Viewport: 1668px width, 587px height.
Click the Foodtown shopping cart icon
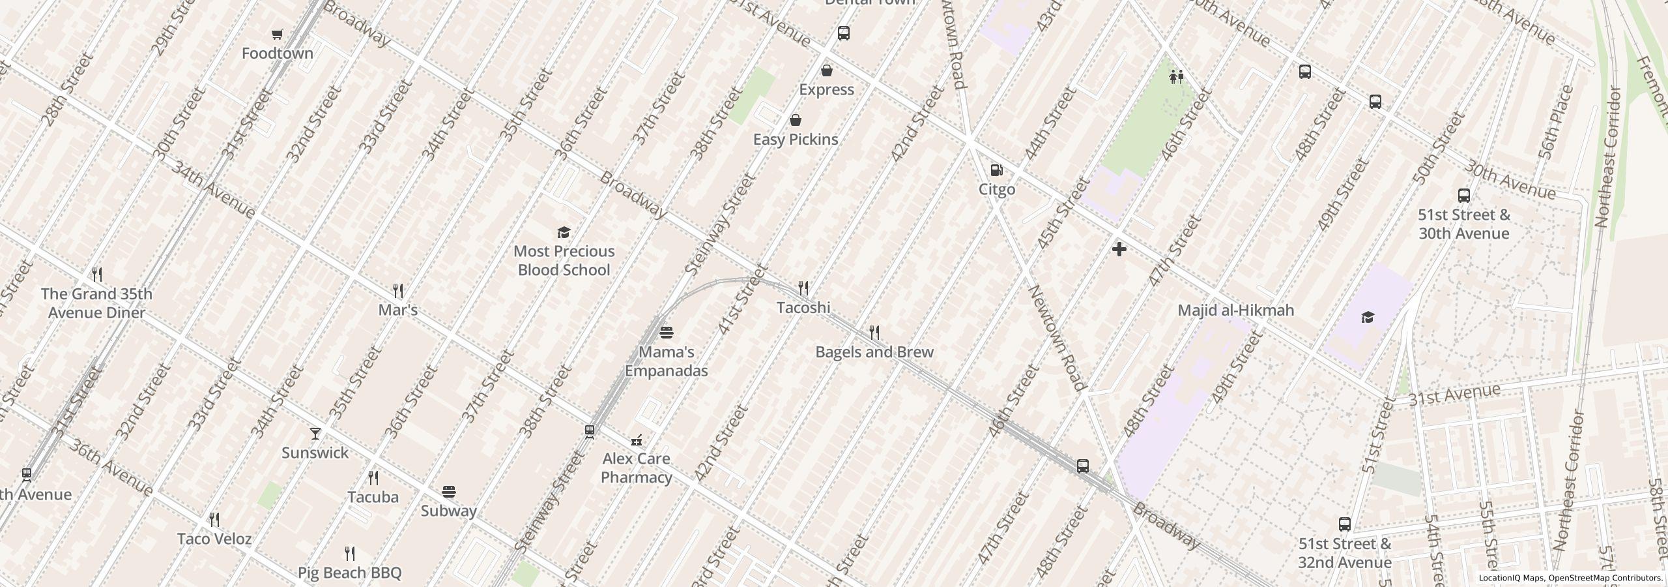pyautogui.click(x=277, y=34)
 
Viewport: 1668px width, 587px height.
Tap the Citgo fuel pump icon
pyautogui.click(x=996, y=171)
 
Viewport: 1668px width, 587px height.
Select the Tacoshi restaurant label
pyautogui.click(x=803, y=307)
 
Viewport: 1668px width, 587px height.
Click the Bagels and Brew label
pyautogui.click(x=874, y=352)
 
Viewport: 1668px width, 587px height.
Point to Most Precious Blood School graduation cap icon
pyautogui.click(x=564, y=232)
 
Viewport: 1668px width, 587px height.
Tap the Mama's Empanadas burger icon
pyautogui.click(x=666, y=333)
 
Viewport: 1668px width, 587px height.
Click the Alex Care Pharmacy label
pyautogui.click(x=636, y=468)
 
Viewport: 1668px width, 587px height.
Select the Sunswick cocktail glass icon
pyautogui.click(x=315, y=434)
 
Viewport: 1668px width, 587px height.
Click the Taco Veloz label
pyautogui.click(x=214, y=539)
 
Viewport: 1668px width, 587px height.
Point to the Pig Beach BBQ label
pyautogui.click(x=350, y=573)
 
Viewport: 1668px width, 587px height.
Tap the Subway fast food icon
pyautogui.click(x=448, y=492)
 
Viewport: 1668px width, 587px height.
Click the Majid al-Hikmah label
pyautogui.click(x=1235, y=310)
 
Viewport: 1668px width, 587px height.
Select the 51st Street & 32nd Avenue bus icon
pyautogui.click(x=1344, y=524)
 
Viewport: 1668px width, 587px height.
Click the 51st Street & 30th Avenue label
pyautogui.click(x=1463, y=224)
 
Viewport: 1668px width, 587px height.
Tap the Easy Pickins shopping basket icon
pyautogui.click(x=795, y=121)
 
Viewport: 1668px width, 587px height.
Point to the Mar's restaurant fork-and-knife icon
pyautogui.click(x=398, y=290)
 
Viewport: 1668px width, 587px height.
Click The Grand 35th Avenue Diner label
pyautogui.click(x=96, y=303)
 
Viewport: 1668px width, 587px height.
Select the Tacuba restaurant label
pyautogui.click(x=373, y=497)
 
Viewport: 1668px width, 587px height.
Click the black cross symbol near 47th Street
pyautogui.click(x=1119, y=249)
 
